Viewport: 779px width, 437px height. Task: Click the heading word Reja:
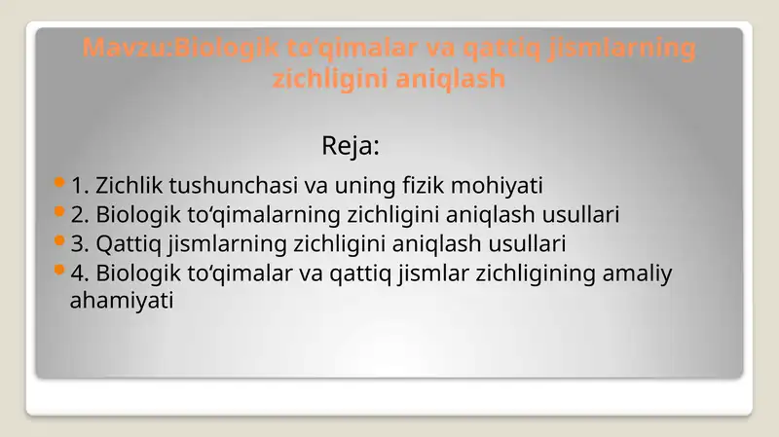coord(350,148)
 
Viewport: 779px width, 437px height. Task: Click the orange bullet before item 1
coord(60,182)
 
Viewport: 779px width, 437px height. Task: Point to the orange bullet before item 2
coord(60,211)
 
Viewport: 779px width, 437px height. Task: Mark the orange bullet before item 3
coord(60,240)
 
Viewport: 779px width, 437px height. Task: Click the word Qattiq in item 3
coord(125,243)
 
